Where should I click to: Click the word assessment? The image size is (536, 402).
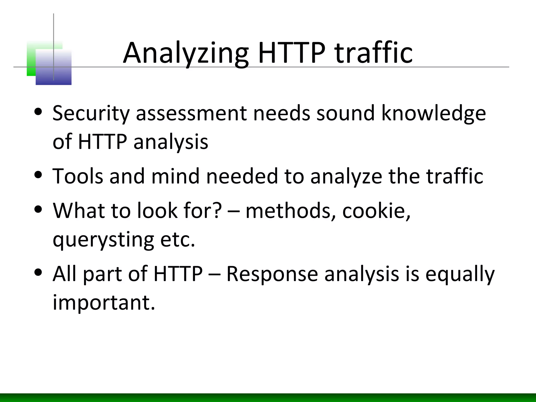pyautogui.click(x=191, y=113)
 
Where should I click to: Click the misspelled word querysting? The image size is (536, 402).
pyautogui.click(x=103, y=240)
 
